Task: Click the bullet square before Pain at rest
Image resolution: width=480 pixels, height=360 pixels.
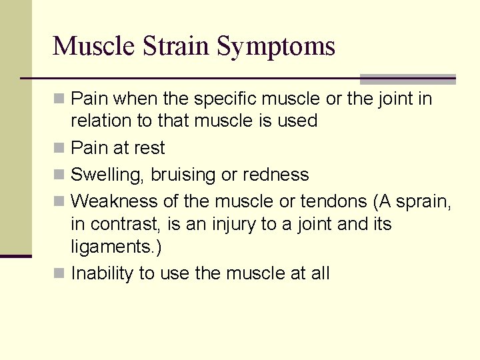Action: [59, 147]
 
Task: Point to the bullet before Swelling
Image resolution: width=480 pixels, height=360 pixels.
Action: [59, 174]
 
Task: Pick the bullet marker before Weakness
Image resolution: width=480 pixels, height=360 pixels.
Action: [59, 201]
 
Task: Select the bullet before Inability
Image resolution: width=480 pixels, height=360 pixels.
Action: [59, 273]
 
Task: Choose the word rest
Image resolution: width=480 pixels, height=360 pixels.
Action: [148, 148]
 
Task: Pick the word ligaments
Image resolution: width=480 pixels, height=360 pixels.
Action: [113, 247]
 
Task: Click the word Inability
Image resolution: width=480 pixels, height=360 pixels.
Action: [103, 273]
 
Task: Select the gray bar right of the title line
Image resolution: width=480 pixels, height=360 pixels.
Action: [407, 79]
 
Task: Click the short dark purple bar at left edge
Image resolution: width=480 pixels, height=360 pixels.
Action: [15, 256]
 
